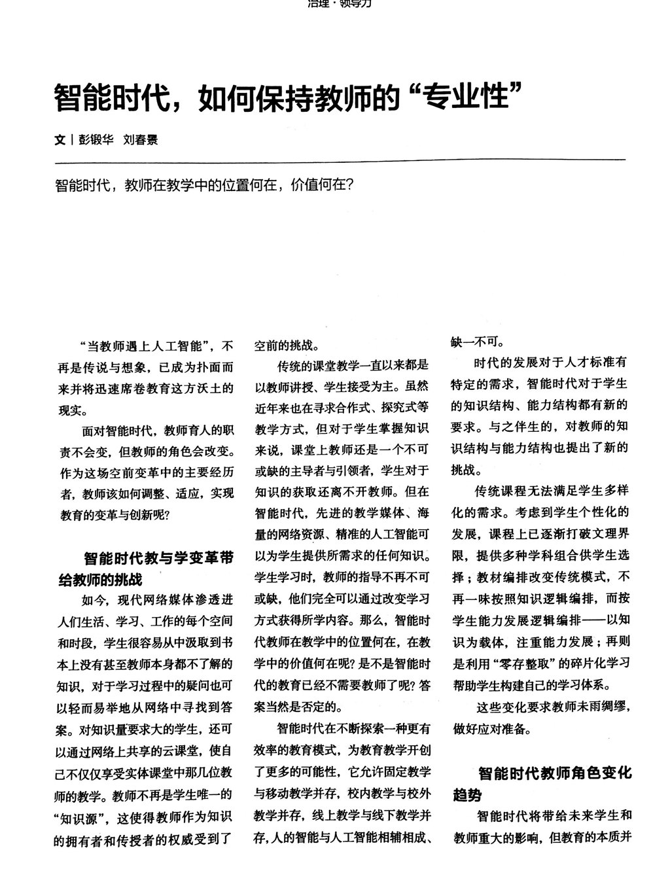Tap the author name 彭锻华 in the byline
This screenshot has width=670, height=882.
click(x=95, y=139)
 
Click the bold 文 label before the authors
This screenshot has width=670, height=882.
click(x=60, y=139)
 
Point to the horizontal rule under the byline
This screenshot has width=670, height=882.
click(x=340, y=159)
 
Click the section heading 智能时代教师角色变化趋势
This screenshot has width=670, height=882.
click(x=542, y=783)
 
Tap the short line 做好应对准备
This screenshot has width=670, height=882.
click(x=487, y=729)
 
